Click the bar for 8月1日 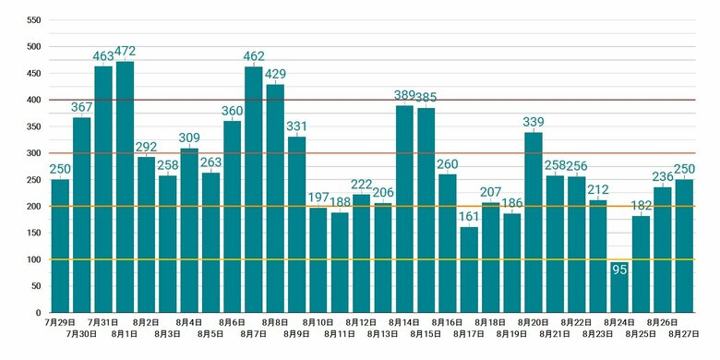pyautogui.click(x=125, y=186)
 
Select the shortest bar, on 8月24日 pyautogui.click(x=619, y=287)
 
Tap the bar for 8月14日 pyautogui.click(x=404, y=209)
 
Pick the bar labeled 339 pyautogui.click(x=534, y=222)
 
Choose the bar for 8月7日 pyautogui.click(x=254, y=189)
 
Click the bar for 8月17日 pyautogui.click(x=469, y=270)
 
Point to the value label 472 pyautogui.click(x=125, y=52)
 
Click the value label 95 pyautogui.click(x=619, y=270)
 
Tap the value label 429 pyautogui.click(x=275, y=74)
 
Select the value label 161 pyautogui.click(x=469, y=216)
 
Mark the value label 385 pyautogui.click(x=426, y=97)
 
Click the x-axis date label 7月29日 pyautogui.click(x=60, y=322)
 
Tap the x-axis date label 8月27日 pyautogui.click(x=684, y=334)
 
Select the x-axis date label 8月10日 pyautogui.click(x=318, y=322)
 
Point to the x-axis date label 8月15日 pyautogui.click(x=426, y=334)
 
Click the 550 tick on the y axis pyautogui.click(x=34, y=20)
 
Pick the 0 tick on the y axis pyautogui.click(x=39, y=313)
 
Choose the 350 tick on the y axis pyautogui.click(x=34, y=126)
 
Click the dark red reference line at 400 pyautogui.click(x=372, y=100)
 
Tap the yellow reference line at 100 pyautogui.click(x=372, y=260)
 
